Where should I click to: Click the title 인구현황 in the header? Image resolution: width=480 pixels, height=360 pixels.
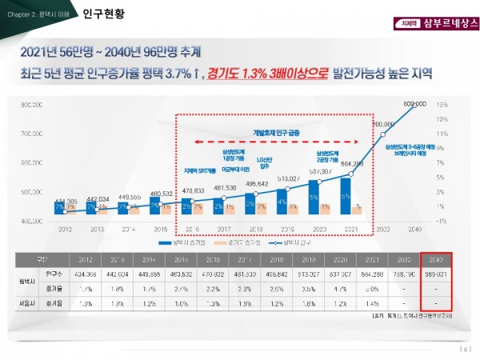point(105,14)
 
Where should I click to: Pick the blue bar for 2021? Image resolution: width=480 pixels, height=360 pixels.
point(346,195)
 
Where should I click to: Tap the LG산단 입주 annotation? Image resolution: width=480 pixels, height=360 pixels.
point(264,164)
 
